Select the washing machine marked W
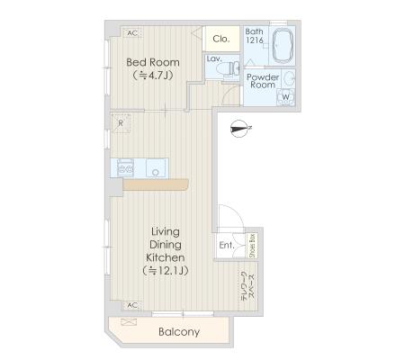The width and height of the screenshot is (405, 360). pyautogui.click(x=285, y=97)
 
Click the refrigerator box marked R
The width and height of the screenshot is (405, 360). pyautogui.click(x=121, y=123)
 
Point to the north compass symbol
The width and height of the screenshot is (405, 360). pyautogui.click(x=240, y=129)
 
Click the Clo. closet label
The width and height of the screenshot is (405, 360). pyautogui.click(x=221, y=39)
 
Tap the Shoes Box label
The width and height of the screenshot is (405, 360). pyautogui.click(x=252, y=246)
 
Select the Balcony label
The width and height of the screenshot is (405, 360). pyautogui.click(x=179, y=332)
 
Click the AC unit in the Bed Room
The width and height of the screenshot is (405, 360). pyautogui.click(x=132, y=33)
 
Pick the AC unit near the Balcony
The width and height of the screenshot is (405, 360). pyautogui.click(x=132, y=305)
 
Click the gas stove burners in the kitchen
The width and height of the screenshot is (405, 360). pyautogui.click(x=125, y=168)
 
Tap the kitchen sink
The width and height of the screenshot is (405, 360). pyautogui.click(x=156, y=168)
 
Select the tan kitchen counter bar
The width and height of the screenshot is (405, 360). pyautogui.click(x=156, y=184)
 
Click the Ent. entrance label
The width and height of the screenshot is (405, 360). pyautogui.click(x=227, y=245)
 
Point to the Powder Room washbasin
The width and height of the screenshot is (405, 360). pyautogui.click(x=289, y=78)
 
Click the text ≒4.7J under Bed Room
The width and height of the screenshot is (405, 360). pyautogui.click(x=153, y=75)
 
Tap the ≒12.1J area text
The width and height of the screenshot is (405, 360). pyautogui.click(x=166, y=271)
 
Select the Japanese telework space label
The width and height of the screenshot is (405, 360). pyautogui.click(x=248, y=285)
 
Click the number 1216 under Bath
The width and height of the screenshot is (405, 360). pyautogui.click(x=255, y=40)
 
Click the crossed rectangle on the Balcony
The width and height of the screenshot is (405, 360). pyautogui.click(x=129, y=322)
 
